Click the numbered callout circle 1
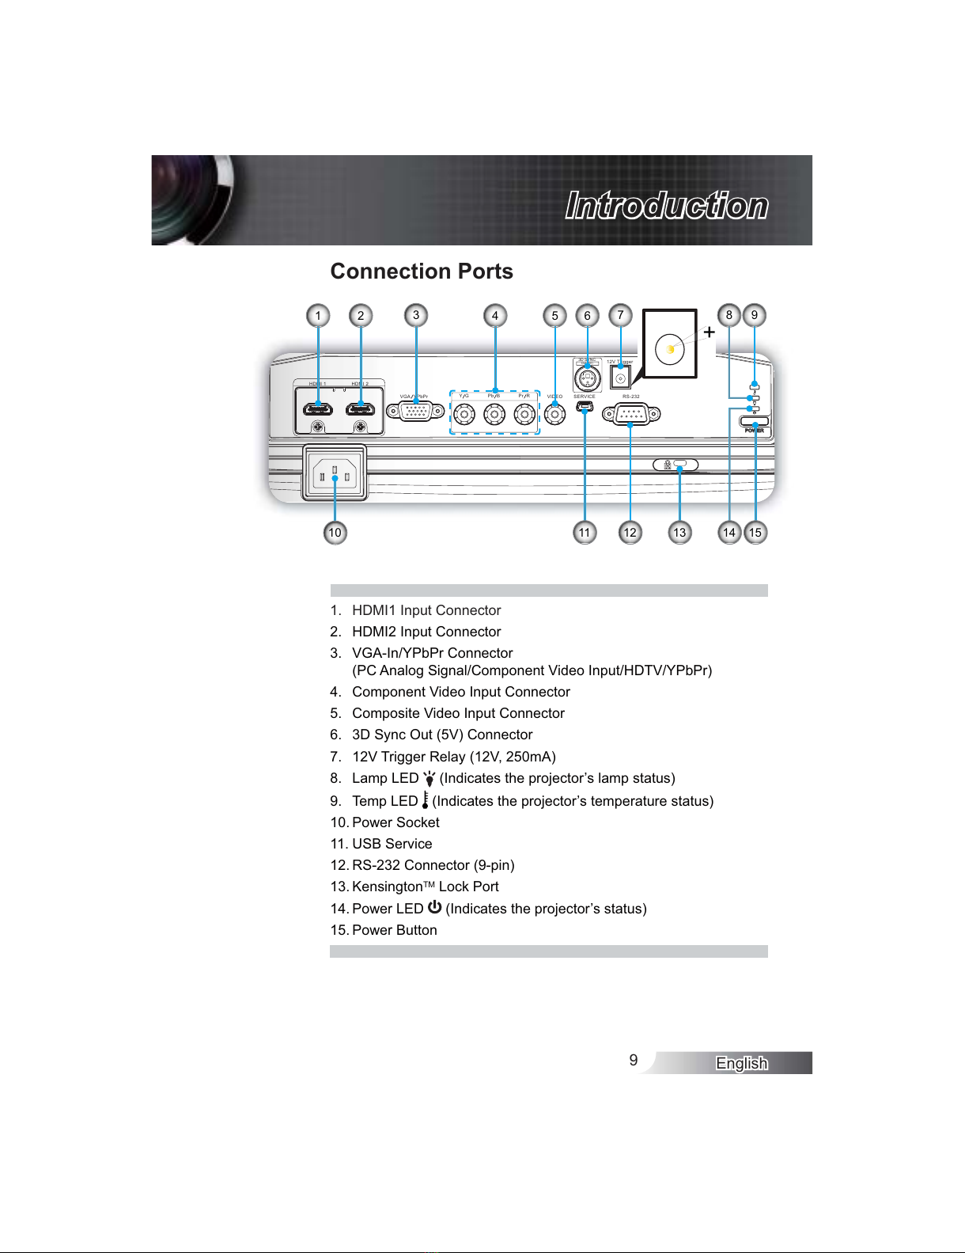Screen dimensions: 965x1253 click(x=318, y=316)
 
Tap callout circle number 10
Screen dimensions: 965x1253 click(x=335, y=533)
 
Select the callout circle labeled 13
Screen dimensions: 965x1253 click(x=679, y=533)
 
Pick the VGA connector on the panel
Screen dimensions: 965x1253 click(x=415, y=412)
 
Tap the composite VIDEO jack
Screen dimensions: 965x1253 click(x=555, y=413)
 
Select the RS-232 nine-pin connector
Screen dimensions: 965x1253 click(x=630, y=413)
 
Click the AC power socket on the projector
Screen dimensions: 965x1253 click(x=335, y=473)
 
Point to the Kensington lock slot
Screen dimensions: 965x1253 click(x=679, y=465)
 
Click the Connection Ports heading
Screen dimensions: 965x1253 click(x=422, y=271)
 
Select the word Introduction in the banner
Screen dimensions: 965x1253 click(x=666, y=206)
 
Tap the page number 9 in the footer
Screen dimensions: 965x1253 click(x=634, y=1061)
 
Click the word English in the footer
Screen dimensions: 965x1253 click(x=741, y=1063)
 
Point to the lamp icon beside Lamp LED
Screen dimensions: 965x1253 click(x=430, y=779)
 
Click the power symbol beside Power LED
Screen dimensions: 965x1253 click(x=434, y=907)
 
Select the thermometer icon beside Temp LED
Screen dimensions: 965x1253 click(x=426, y=800)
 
